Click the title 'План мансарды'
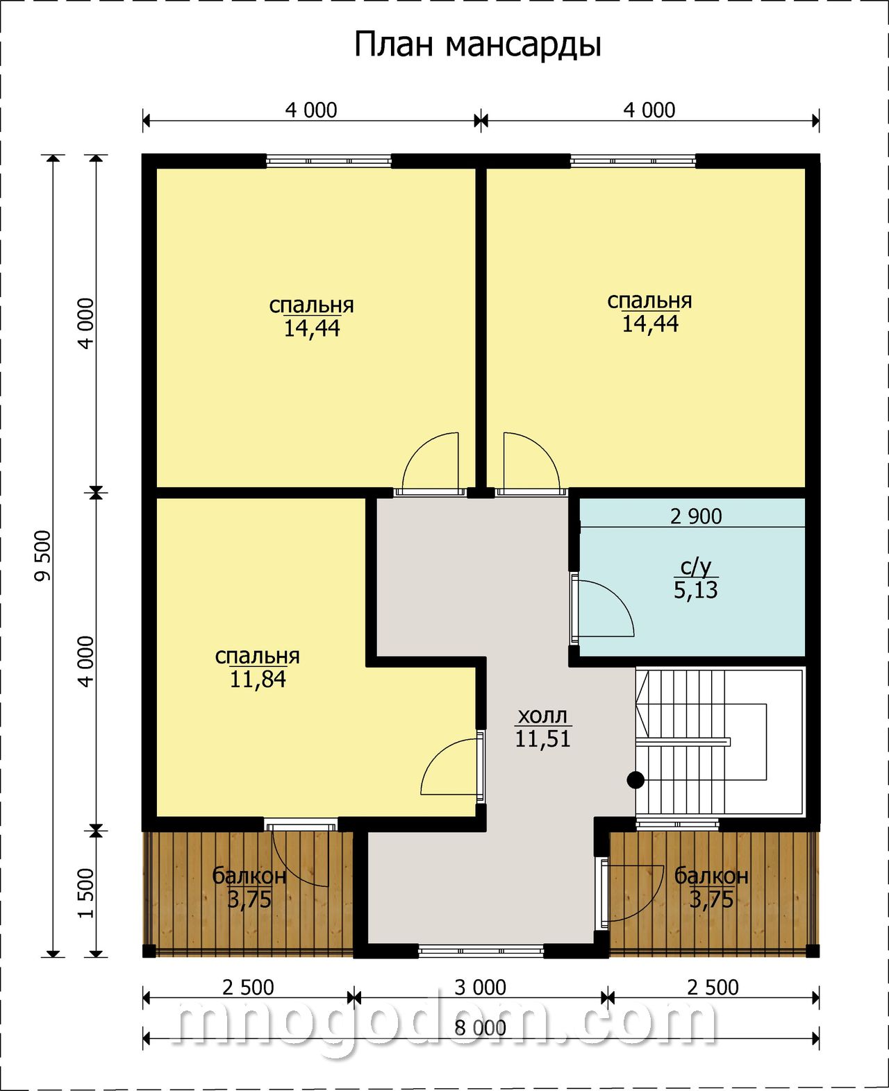(477, 46)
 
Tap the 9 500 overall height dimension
(44, 556)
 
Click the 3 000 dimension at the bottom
(480, 987)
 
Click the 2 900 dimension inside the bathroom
(696, 516)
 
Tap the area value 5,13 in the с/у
(695, 590)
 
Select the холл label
(542, 715)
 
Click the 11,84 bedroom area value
(258, 679)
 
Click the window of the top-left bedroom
(329, 161)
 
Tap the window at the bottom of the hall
(481, 952)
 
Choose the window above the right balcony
(677, 824)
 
